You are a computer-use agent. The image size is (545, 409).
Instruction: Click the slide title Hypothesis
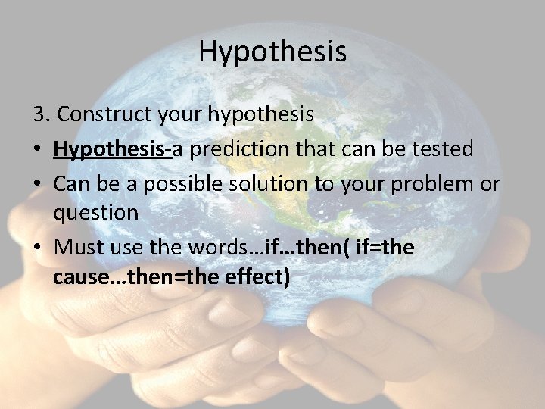coord(272,52)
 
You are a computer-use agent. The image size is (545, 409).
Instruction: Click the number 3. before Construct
coord(42,114)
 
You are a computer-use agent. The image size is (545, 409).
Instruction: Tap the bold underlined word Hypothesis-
coord(113,148)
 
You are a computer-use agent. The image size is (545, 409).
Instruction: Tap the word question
coord(95,213)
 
